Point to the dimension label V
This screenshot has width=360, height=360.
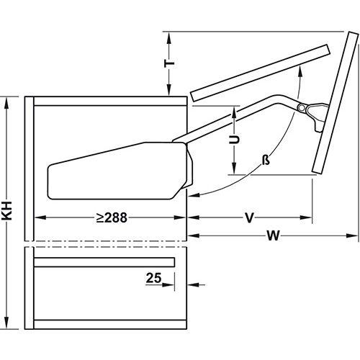pos(248,216)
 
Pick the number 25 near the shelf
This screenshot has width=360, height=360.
pos(152,276)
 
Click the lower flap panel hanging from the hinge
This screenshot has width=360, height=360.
pos(328,115)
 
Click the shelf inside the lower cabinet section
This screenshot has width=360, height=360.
pos(104,261)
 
